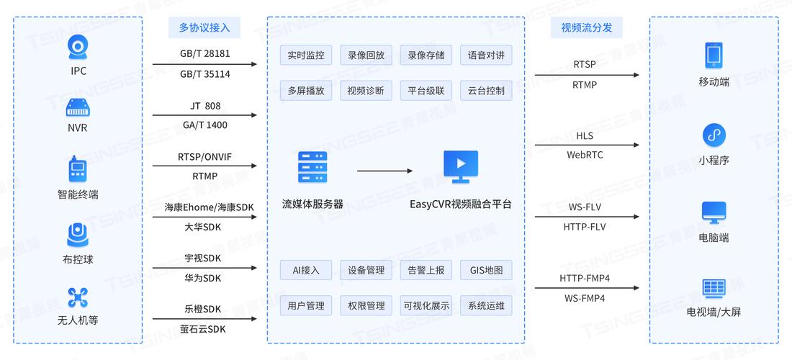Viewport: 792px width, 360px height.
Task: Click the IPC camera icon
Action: (x=78, y=48)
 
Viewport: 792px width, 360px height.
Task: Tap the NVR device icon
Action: (x=78, y=109)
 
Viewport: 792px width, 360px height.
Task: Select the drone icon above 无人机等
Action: (x=78, y=297)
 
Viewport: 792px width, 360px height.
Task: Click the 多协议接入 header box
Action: (x=204, y=27)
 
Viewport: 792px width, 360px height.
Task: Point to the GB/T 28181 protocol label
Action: (x=204, y=54)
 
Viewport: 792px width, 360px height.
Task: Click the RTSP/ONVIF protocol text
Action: (x=204, y=157)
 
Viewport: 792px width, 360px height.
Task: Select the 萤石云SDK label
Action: (x=204, y=328)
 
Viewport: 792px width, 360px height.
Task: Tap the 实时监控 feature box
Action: (x=305, y=55)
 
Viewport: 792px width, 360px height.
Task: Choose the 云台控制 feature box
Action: (x=486, y=91)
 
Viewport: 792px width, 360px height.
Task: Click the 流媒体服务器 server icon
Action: (x=312, y=168)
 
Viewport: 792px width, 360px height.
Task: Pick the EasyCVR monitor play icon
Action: (x=461, y=166)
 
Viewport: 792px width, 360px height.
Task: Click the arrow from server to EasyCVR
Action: (x=385, y=171)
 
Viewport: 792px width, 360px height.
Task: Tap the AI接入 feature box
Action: (x=305, y=270)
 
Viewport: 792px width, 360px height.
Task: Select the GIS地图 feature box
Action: (x=486, y=270)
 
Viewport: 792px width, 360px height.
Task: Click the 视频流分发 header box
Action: (x=586, y=27)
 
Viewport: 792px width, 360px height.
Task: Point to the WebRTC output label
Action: (x=585, y=155)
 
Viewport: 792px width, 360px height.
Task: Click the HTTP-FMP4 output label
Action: (x=585, y=278)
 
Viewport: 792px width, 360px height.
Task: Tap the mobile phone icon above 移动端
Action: (x=714, y=55)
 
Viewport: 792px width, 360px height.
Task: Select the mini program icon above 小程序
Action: (x=714, y=135)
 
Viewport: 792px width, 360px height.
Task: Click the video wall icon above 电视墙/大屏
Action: (x=714, y=288)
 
